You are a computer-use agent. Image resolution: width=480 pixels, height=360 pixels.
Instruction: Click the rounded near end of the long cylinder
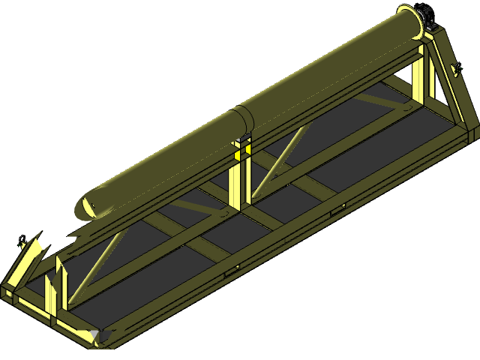(87, 207)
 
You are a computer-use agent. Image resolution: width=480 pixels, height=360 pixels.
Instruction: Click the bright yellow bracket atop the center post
(241, 153)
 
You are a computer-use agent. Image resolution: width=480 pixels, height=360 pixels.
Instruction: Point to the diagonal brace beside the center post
(281, 157)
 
